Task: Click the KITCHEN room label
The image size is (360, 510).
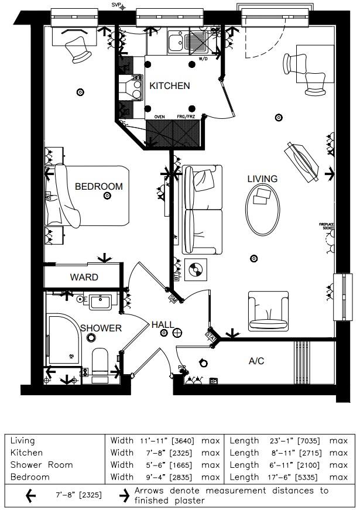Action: tap(170, 86)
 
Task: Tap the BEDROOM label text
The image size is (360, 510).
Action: tap(99, 187)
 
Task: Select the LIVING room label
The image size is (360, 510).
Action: tap(262, 179)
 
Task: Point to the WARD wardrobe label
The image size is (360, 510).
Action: tap(84, 277)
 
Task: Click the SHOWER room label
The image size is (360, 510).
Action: tap(101, 328)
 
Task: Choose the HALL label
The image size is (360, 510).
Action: tap(162, 324)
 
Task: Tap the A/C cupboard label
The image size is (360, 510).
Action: tap(256, 361)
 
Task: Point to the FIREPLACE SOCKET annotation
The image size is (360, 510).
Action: tap(329, 226)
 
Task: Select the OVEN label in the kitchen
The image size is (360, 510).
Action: tap(159, 117)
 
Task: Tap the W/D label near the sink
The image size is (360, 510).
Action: tap(203, 59)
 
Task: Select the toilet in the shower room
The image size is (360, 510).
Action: tap(100, 363)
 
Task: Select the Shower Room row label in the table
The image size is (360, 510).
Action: tap(42, 465)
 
